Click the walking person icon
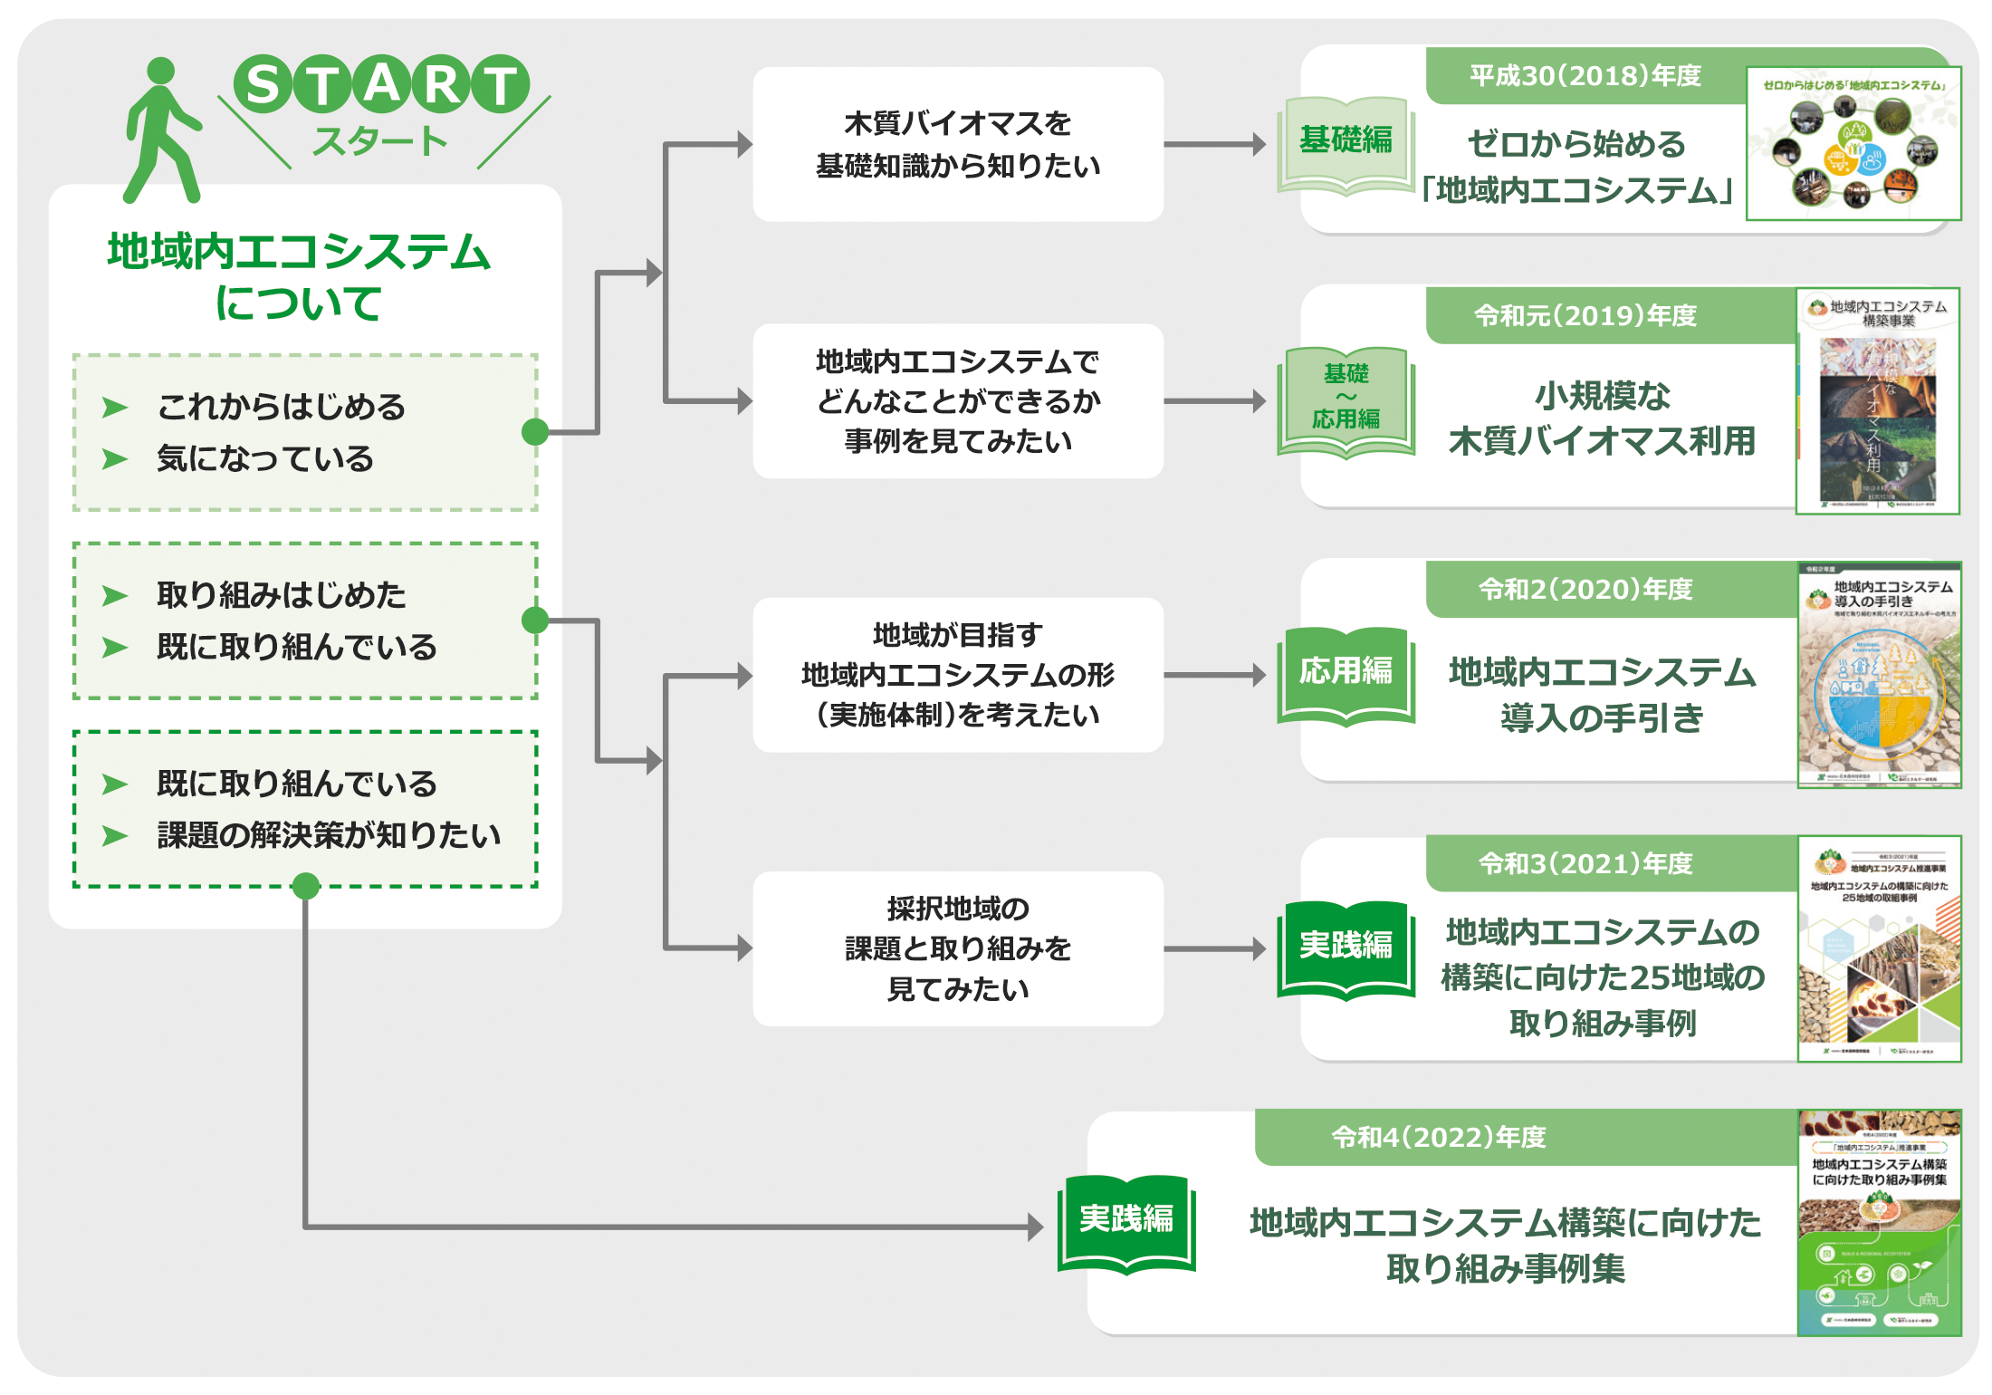161,131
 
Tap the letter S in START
263,84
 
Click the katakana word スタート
380,141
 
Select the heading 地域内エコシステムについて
299,276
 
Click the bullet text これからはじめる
282,407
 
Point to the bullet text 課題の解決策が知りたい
328,835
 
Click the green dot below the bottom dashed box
306,886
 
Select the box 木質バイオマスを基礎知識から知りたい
957,144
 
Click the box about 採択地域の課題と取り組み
957,948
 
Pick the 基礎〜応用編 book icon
1346,399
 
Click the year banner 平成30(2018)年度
1585,76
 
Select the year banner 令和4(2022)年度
1439,1137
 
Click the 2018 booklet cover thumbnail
1853,143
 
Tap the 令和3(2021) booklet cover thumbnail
1879,948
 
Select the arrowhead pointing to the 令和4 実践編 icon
1036,1227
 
